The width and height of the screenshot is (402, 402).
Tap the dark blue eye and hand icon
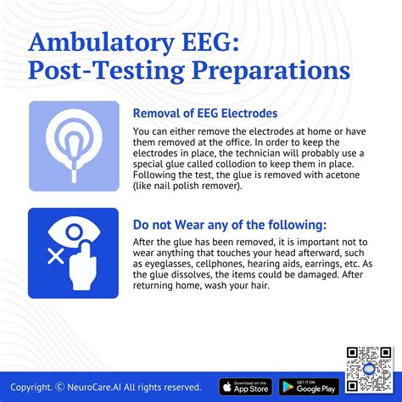click(x=74, y=253)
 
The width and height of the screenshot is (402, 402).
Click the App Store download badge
click(x=245, y=387)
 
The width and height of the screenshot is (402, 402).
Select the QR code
click(x=366, y=367)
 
